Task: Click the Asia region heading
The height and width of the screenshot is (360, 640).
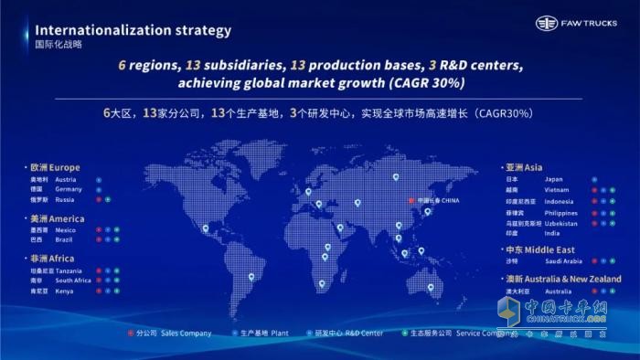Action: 536,167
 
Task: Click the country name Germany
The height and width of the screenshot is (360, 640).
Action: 69,189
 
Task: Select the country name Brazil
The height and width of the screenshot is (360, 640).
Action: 65,239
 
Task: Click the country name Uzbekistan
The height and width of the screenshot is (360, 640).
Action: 560,223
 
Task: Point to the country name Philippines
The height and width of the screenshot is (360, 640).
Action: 560,213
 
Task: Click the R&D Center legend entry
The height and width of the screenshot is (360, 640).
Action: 337,334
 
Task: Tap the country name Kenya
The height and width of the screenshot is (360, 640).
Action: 64,291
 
